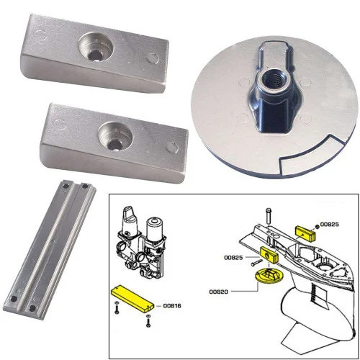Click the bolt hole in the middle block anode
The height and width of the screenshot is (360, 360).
(112, 132)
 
